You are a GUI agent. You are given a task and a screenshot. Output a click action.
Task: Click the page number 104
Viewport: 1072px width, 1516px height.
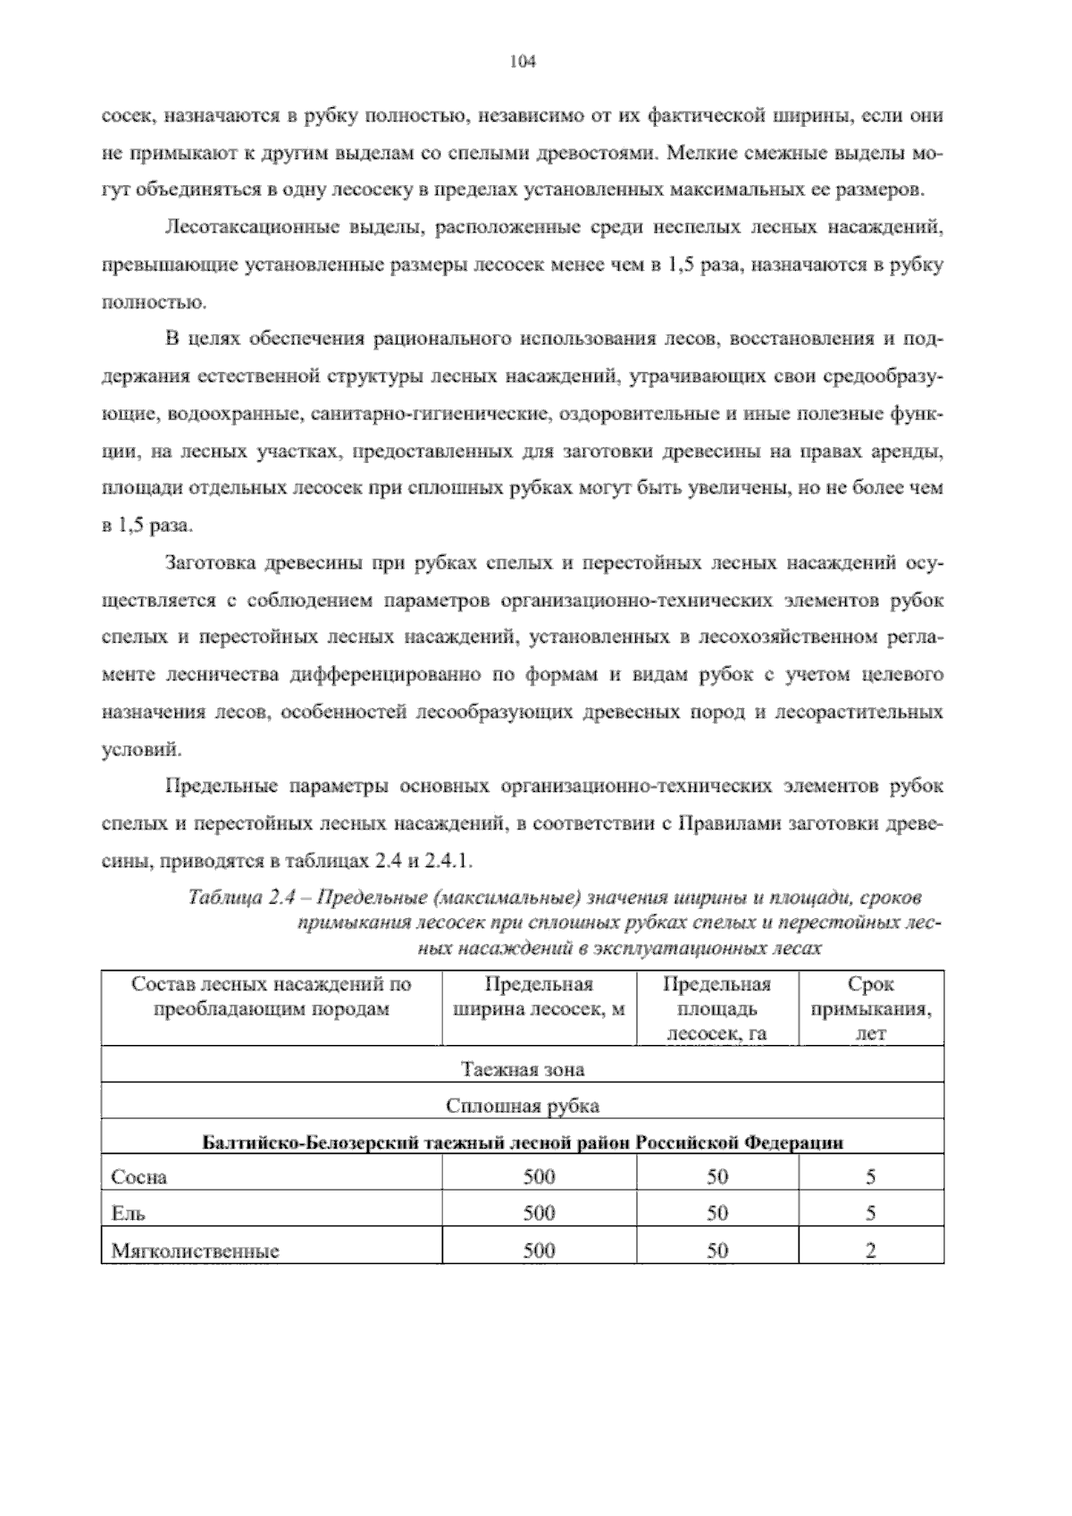tap(521, 62)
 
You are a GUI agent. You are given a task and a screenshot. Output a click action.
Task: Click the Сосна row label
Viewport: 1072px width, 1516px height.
tap(138, 1177)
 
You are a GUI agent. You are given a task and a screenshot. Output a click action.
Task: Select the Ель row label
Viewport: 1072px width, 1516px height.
tap(128, 1214)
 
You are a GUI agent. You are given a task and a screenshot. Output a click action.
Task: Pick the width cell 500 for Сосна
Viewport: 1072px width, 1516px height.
tap(539, 1177)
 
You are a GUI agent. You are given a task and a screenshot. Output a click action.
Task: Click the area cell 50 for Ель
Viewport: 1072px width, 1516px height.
tap(717, 1214)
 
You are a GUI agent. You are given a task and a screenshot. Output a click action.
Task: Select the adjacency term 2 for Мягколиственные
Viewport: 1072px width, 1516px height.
tap(870, 1251)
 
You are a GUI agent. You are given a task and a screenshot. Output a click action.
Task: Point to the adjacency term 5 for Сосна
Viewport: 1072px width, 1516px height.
tap(870, 1177)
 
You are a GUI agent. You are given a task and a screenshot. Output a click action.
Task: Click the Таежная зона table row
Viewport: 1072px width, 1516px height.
tap(523, 1068)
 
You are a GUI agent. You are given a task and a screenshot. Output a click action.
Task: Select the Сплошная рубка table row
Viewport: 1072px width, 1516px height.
tap(523, 1107)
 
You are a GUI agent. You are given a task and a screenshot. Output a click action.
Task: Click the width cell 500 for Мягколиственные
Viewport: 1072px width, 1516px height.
tap(539, 1251)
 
